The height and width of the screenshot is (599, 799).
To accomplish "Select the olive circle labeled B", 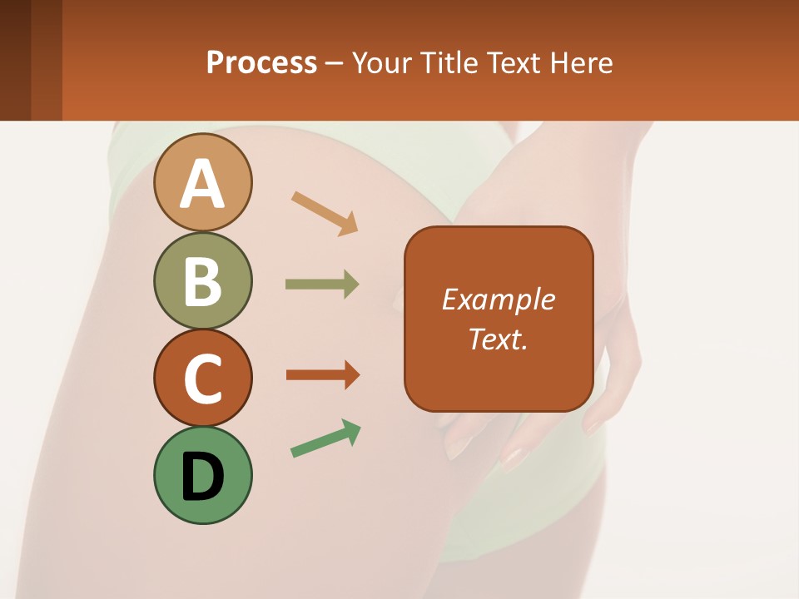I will click(x=202, y=280).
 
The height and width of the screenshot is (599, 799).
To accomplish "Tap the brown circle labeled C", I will click(x=202, y=378).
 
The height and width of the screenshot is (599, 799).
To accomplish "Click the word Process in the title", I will click(x=261, y=63).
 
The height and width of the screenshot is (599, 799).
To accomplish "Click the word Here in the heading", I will click(x=582, y=63).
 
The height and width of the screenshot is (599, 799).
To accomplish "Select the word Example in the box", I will click(x=498, y=299).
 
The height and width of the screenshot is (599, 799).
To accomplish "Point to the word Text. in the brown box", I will click(x=498, y=339).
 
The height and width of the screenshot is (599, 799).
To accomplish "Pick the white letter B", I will click(x=202, y=281).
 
